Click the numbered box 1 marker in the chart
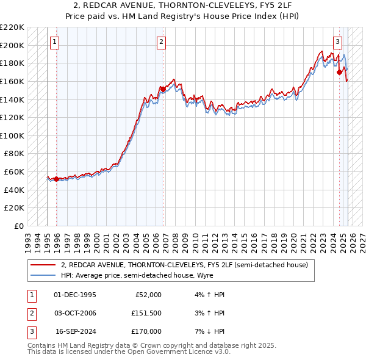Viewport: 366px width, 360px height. coord(55,42)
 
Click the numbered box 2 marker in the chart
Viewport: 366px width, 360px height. coord(161,42)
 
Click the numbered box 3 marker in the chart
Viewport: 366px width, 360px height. coord(337,42)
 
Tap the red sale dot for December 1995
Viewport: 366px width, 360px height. coord(56,179)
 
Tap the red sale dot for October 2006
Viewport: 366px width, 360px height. coord(163,89)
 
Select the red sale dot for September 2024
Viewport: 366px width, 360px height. coord(340,72)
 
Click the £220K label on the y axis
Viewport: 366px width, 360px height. coord(13,27)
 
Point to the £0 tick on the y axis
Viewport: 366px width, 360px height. coord(20,226)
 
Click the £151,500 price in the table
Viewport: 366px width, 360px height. coord(146,313)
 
